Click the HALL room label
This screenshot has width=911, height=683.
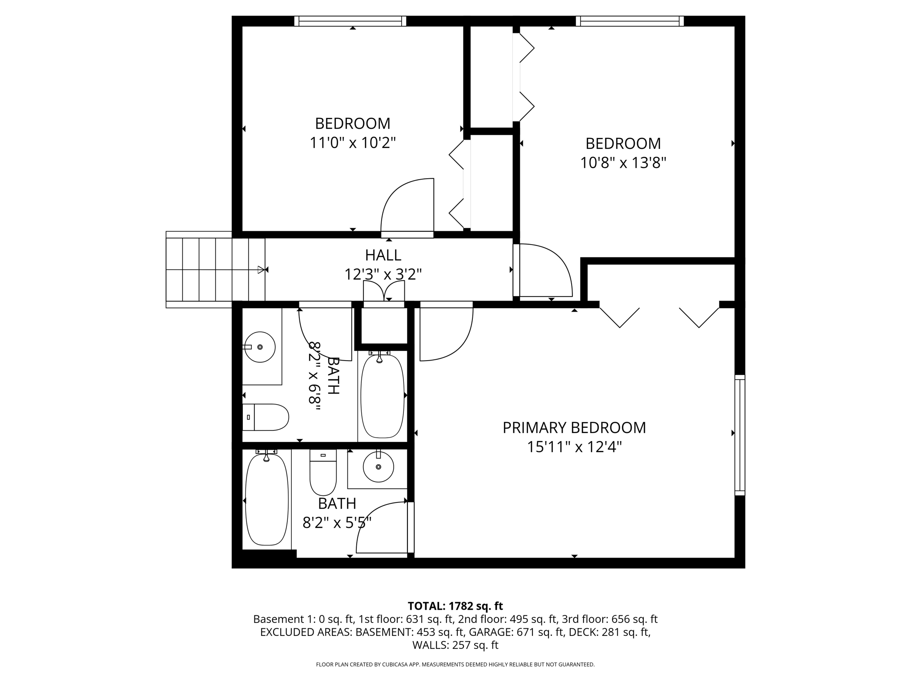pyautogui.click(x=383, y=255)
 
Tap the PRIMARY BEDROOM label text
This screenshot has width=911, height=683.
pyautogui.click(x=574, y=428)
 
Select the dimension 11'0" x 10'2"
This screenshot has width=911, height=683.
pyautogui.click(x=352, y=143)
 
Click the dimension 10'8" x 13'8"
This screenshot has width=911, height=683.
pyautogui.click(x=623, y=163)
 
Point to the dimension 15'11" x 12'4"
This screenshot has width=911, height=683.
pyautogui.click(x=574, y=447)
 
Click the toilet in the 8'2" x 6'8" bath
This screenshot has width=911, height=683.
pyautogui.click(x=266, y=417)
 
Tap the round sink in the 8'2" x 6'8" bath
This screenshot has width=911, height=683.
pyautogui.click(x=260, y=347)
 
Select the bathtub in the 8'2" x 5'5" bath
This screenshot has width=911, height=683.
pyautogui.click(x=266, y=499)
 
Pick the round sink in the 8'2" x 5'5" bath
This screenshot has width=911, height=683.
pyautogui.click(x=378, y=467)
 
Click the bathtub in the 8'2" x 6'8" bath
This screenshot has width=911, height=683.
pyautogui.click(x=382, y=396)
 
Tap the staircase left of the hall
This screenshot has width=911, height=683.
pyautogui.click(x=215, y=269)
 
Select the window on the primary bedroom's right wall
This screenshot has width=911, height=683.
pyautogui.click(x=739, y=435)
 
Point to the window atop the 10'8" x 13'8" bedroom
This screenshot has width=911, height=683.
pyautogui.click(x=629, y=21)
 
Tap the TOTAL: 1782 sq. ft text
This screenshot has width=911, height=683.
pyautogui.click(x=455, y=606)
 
